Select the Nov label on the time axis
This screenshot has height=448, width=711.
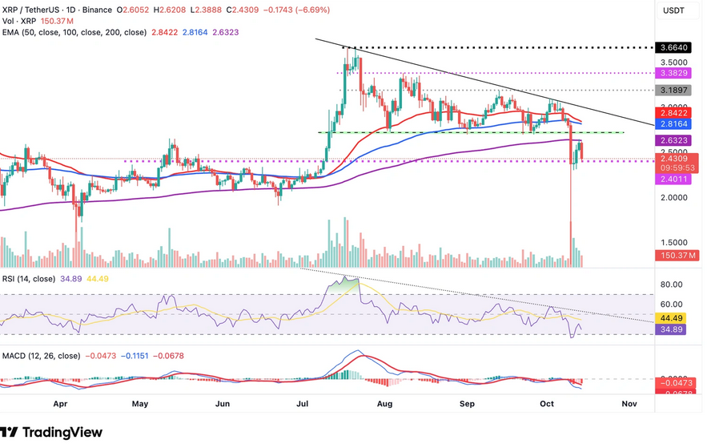(629, 405)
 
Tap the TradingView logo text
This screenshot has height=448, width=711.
(62, 433)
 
